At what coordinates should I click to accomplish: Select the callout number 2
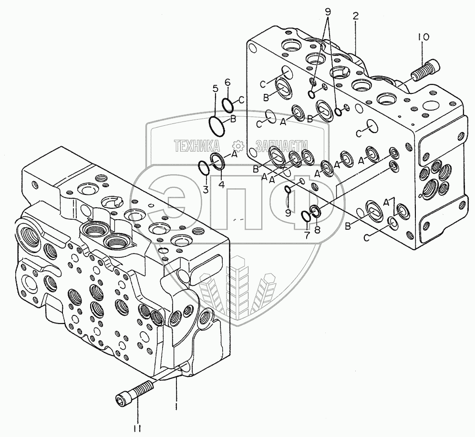(355, 16)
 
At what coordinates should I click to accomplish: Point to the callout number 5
(215, 88)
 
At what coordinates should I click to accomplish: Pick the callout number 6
(227, 82)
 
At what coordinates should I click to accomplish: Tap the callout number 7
(307, 234)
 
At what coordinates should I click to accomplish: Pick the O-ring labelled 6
(228, 103)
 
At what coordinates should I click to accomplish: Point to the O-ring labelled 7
(307, 217)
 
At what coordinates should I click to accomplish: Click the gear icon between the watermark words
(237, 146)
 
